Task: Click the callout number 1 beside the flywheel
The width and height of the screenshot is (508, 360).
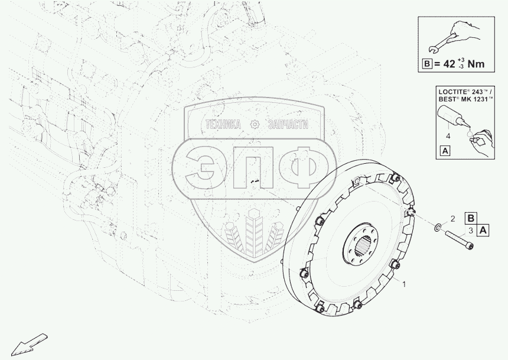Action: pos(403,284)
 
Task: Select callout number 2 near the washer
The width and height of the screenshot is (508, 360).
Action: pos(453,219)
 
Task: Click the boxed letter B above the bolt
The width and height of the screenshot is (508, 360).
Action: pos(470,218)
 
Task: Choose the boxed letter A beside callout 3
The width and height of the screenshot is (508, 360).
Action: pos(483,231)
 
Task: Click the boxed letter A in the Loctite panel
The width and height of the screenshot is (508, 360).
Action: pos(446,151)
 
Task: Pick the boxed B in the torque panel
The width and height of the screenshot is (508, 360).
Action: pos(427,64)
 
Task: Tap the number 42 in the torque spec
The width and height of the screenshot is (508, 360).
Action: pos(450,64)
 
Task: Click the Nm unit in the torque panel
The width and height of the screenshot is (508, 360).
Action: pos(476,64)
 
